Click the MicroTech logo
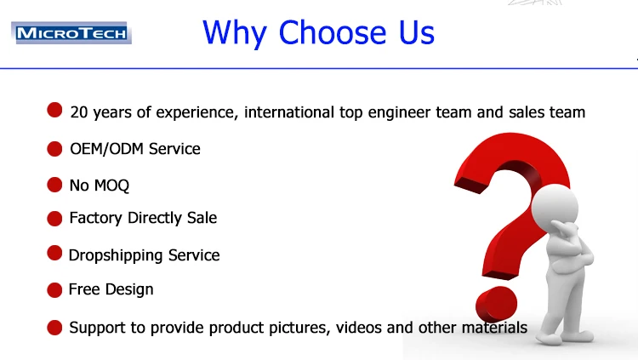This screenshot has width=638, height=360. tap(71, 32)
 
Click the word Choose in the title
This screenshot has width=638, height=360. tap(332, 32)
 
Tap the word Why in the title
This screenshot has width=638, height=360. tap(235, 34)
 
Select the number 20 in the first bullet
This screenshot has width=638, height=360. tap(79, 112)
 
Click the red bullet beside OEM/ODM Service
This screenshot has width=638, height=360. tap(54, 149)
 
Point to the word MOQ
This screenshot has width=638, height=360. tap(111, 186)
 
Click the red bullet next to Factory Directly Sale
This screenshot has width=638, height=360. tap(54, 218)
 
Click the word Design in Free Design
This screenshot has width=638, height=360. tap(129, 289)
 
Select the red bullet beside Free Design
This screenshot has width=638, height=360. tap(54, 290)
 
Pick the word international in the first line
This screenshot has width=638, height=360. tap(289, 112)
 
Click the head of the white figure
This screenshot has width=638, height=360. tap(555, 205)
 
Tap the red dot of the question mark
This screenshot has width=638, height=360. tap(497, 303)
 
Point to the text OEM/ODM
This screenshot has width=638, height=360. tap(106, 149)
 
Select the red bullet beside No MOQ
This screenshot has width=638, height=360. tap(54, 185)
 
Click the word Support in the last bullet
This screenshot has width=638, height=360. tap(97, 328)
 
